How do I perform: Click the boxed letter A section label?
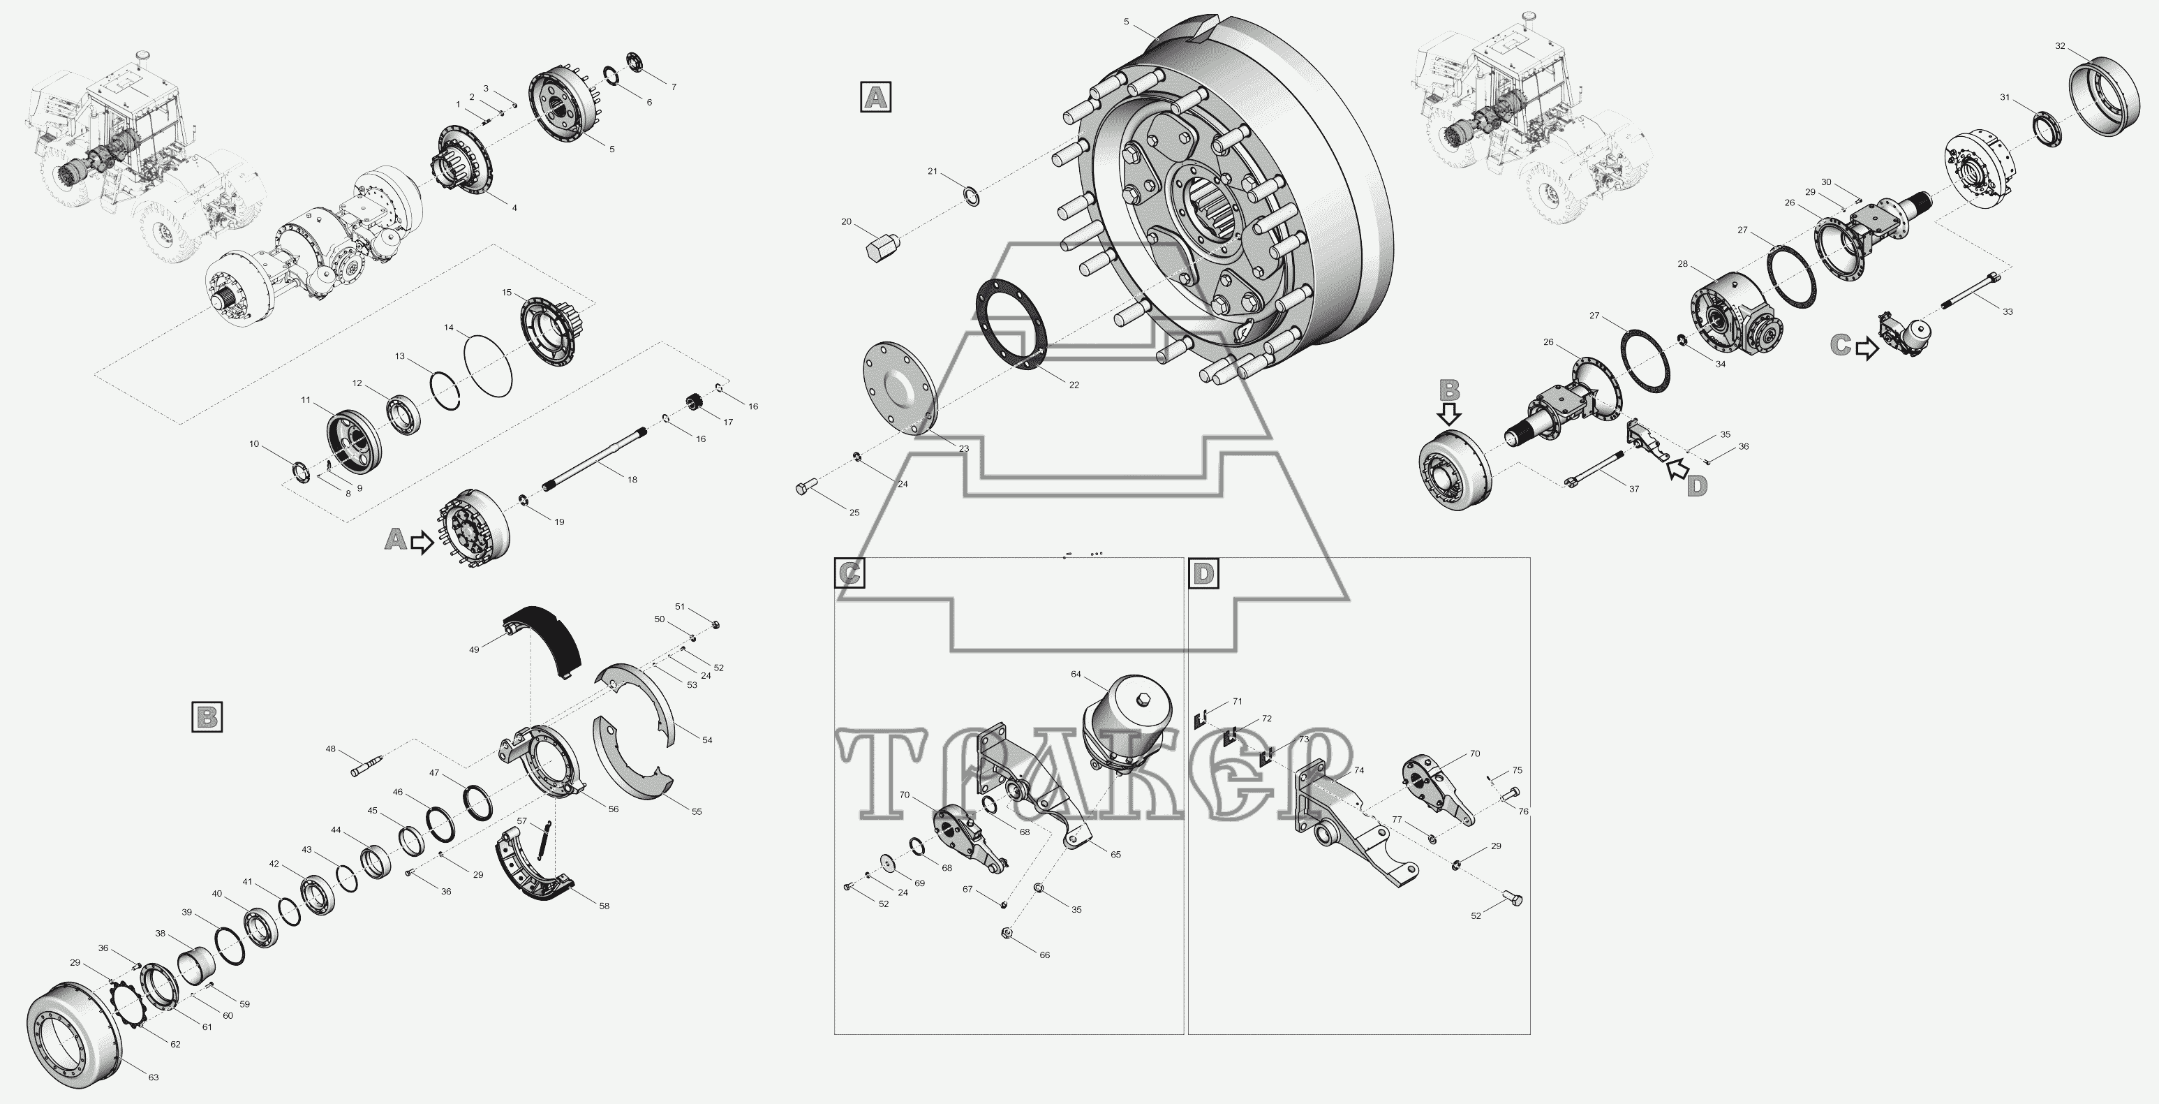click(876, 97)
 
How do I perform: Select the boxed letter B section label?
click(207, 718)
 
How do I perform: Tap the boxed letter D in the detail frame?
click(1203, 573)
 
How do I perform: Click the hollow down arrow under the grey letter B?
click(1450, 413)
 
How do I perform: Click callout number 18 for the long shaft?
click(632, 480)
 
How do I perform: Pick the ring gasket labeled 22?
click(1011, 322)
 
